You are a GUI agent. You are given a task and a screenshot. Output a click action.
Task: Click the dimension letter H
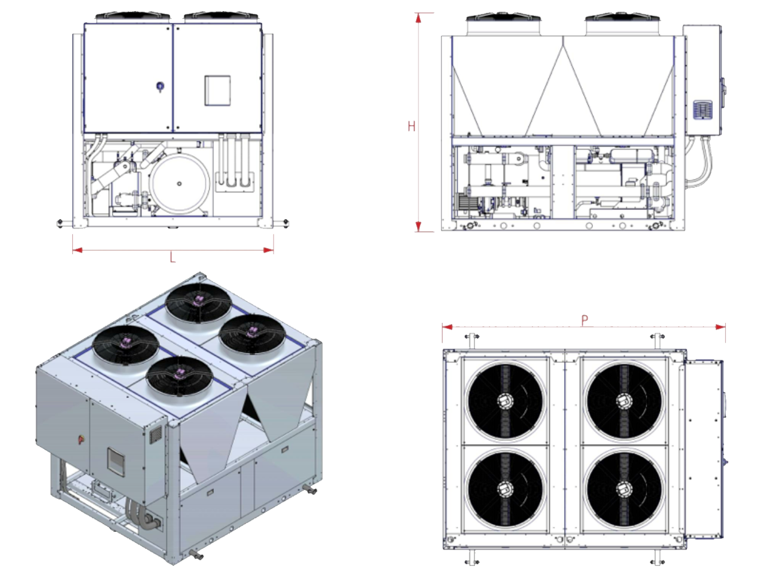click(411, 126)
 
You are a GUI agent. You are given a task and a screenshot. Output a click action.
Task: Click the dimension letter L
click(172, 258)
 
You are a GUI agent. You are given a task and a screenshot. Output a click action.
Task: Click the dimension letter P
click(585, 319)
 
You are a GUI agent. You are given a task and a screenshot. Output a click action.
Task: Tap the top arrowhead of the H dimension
click(418, 18)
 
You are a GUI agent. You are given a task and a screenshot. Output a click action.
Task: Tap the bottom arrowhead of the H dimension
click(418, 226)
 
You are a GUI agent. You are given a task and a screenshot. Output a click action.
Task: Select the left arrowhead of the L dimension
click(78, 250)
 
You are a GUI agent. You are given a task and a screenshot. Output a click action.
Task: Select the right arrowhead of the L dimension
click(269, 250)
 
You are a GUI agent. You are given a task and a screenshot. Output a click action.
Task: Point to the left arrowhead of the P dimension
click(448, 326)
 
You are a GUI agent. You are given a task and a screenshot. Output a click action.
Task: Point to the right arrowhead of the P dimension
click(721, 326)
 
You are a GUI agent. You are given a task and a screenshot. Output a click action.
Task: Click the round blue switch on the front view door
click(160, 86)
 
